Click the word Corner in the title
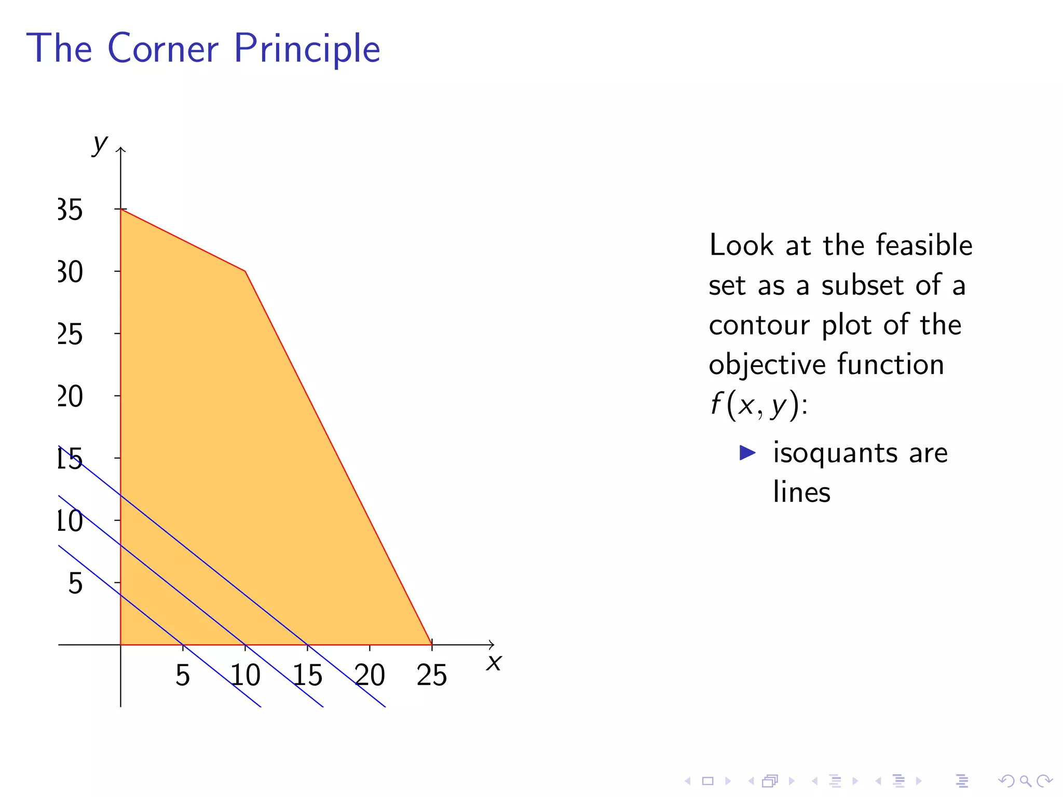coord(163,48)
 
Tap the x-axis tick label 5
coord(182,675)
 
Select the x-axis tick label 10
coord(245,675)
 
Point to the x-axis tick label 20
coord(370,675)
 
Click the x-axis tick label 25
coord(431,675)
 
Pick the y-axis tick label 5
coord(75,583)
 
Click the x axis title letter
coord(494,663)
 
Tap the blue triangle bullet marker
coord(747,452)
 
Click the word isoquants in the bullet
coord(836,453)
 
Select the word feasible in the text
coord(924,245)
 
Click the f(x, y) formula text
coord(758,405)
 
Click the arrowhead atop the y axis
coord(121,150)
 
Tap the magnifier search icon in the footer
coord(1025,780)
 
